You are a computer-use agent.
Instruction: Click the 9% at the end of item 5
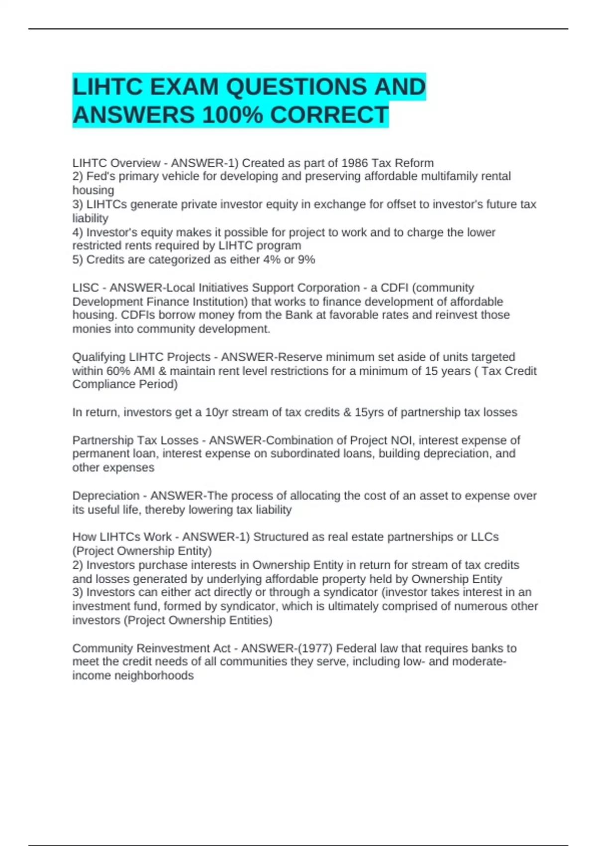tap(306, 259)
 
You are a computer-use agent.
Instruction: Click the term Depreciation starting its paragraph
tap(106, 496)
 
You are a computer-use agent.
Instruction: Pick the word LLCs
tap(485, 537)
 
